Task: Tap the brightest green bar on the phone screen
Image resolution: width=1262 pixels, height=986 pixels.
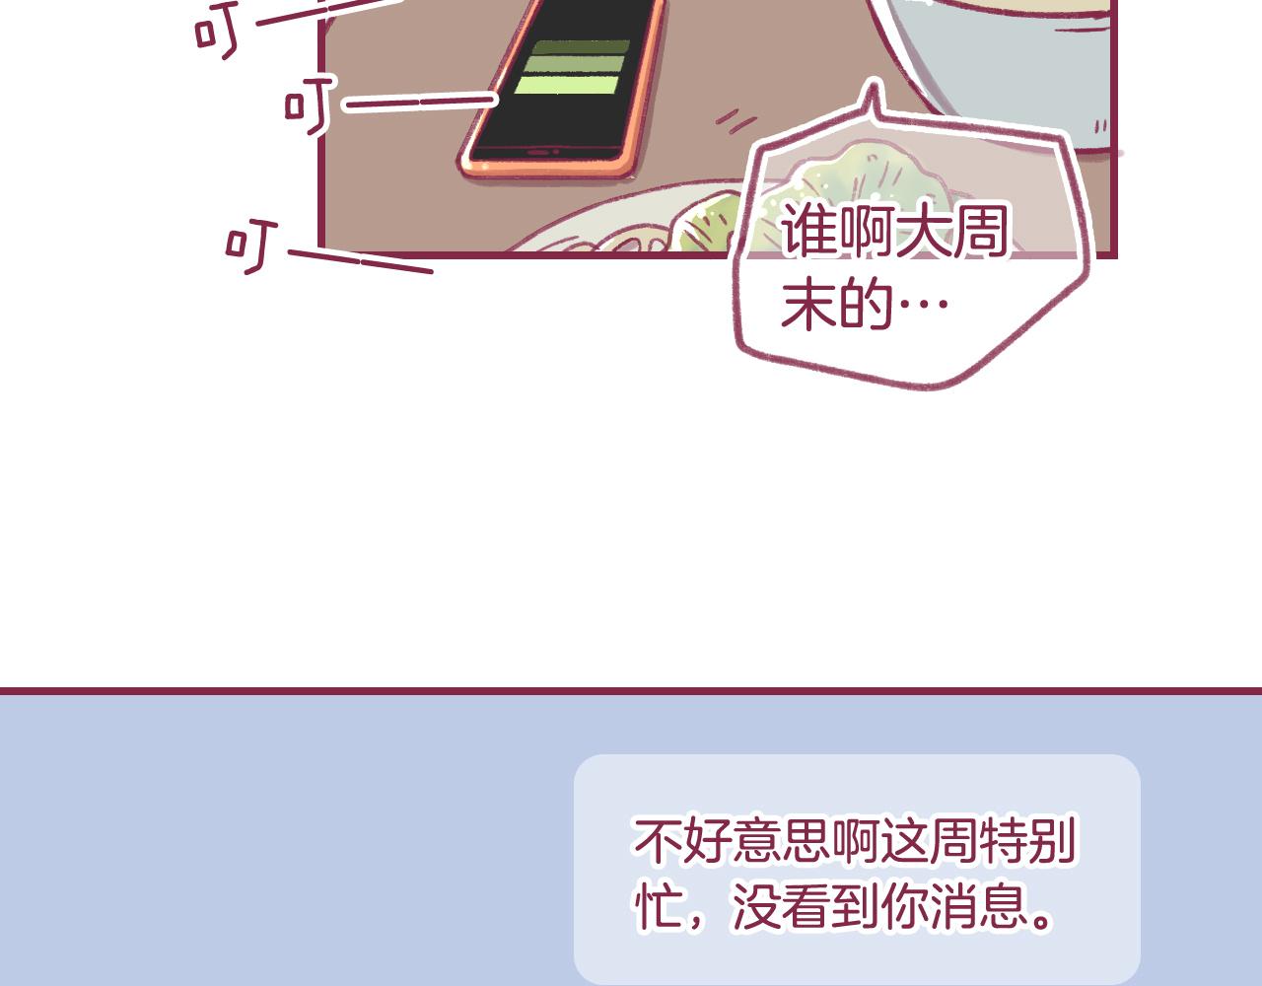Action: (567, 85)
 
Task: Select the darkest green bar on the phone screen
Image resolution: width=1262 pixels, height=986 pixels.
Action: (581, 47)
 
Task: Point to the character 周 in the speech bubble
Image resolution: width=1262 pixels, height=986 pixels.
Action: (980, 231)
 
